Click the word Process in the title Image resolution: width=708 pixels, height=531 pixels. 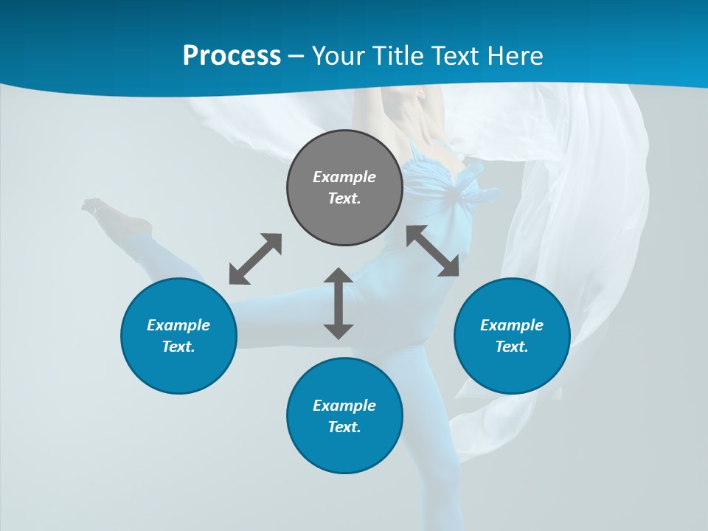(232, 56)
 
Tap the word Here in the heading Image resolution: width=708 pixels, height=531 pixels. (514, 56)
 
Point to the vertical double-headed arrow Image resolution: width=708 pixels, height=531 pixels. (339, 303)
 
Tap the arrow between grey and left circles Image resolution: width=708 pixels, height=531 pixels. (255, 259)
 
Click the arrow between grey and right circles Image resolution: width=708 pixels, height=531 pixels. (433, 251)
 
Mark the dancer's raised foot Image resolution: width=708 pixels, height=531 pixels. (96, 207)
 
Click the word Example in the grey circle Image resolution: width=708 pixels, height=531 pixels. (344, 177)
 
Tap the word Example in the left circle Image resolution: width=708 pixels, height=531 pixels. (178, 325)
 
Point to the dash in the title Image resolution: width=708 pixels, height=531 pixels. (296, 56)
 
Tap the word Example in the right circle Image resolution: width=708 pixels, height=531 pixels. (512, 325)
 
